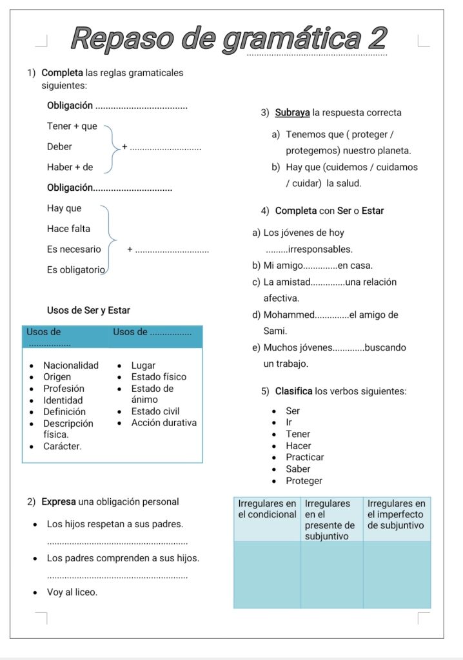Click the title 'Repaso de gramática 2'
228,39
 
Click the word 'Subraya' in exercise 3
293,113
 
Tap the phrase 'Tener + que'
72,126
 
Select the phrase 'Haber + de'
70,168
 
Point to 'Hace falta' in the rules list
68,229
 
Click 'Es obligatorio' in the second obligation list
75,270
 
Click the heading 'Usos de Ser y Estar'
88,311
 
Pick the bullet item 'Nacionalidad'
71,365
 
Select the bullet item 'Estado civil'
155,411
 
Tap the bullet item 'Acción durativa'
164,423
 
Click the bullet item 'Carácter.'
63,446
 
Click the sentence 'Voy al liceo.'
72,592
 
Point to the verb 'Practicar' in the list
305,458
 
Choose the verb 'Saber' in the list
298,469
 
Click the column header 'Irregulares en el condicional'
267,509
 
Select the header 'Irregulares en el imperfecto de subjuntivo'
396,514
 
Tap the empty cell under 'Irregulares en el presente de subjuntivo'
331,574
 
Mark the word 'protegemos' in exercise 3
312,151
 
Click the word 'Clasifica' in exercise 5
293,391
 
